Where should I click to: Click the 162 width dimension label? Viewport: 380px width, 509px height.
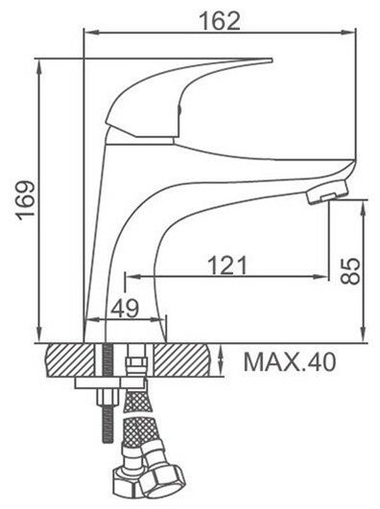pyautogui.click(x=220, y=20)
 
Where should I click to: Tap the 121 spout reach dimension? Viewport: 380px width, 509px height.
pyautogui.click(x=226, y=265)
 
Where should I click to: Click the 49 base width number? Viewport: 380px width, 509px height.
pyautogui.click(x=125, y=308)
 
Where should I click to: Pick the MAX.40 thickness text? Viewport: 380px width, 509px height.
pyautogui.click(x=289, y=362)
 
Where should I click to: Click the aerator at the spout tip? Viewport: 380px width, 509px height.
pyautogui.click(x=326, y=193)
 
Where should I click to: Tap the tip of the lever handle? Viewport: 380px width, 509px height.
pyautogui.click(x=272, y=60)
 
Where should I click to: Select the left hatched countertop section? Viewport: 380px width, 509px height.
pyautogui.click(x=70, y=360)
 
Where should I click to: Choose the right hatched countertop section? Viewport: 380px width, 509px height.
pyautogui.click(x=182, y=360)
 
